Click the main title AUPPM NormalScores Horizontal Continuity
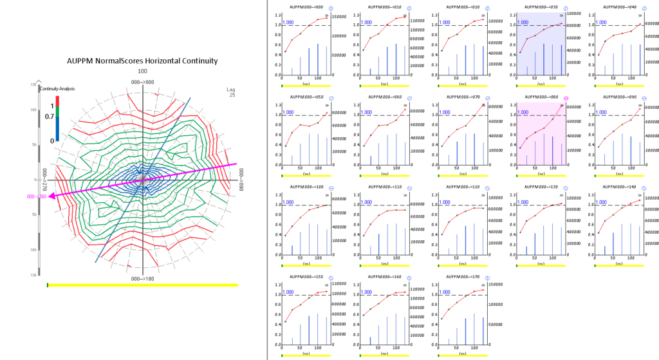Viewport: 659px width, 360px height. click(x=142, y=61)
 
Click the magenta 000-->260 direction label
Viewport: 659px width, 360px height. click(x=35, y=196)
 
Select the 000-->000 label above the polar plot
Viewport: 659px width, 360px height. click(x=142, y=82)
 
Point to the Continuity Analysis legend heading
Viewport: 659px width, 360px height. click(x=56, y=90)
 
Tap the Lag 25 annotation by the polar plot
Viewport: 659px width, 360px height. click(x=232, y=92)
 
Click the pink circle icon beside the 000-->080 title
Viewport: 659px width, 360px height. click(x=565, y=98)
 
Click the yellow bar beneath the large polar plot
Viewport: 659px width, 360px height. click(x=142, y=285)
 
